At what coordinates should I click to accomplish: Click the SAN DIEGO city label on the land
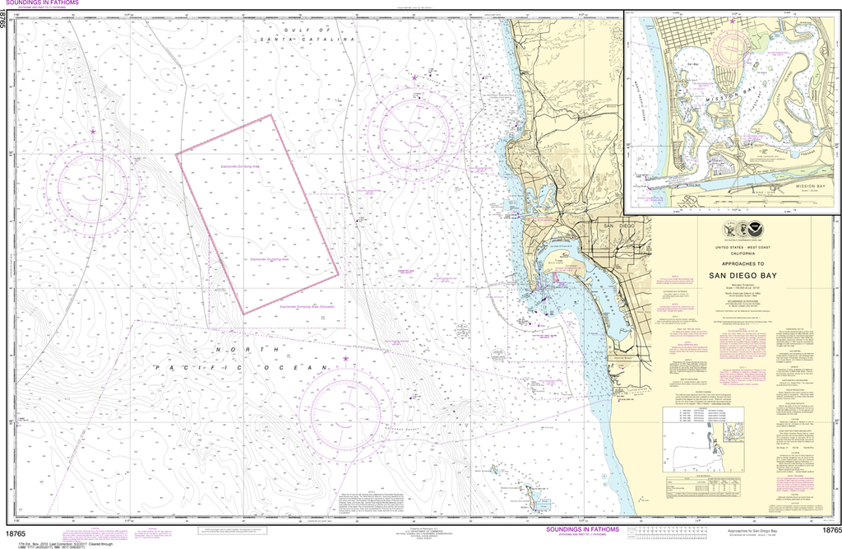pos(620,226)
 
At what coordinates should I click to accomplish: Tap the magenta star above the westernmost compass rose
pos(93,132)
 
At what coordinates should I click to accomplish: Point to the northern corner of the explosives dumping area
pos(272,114)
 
